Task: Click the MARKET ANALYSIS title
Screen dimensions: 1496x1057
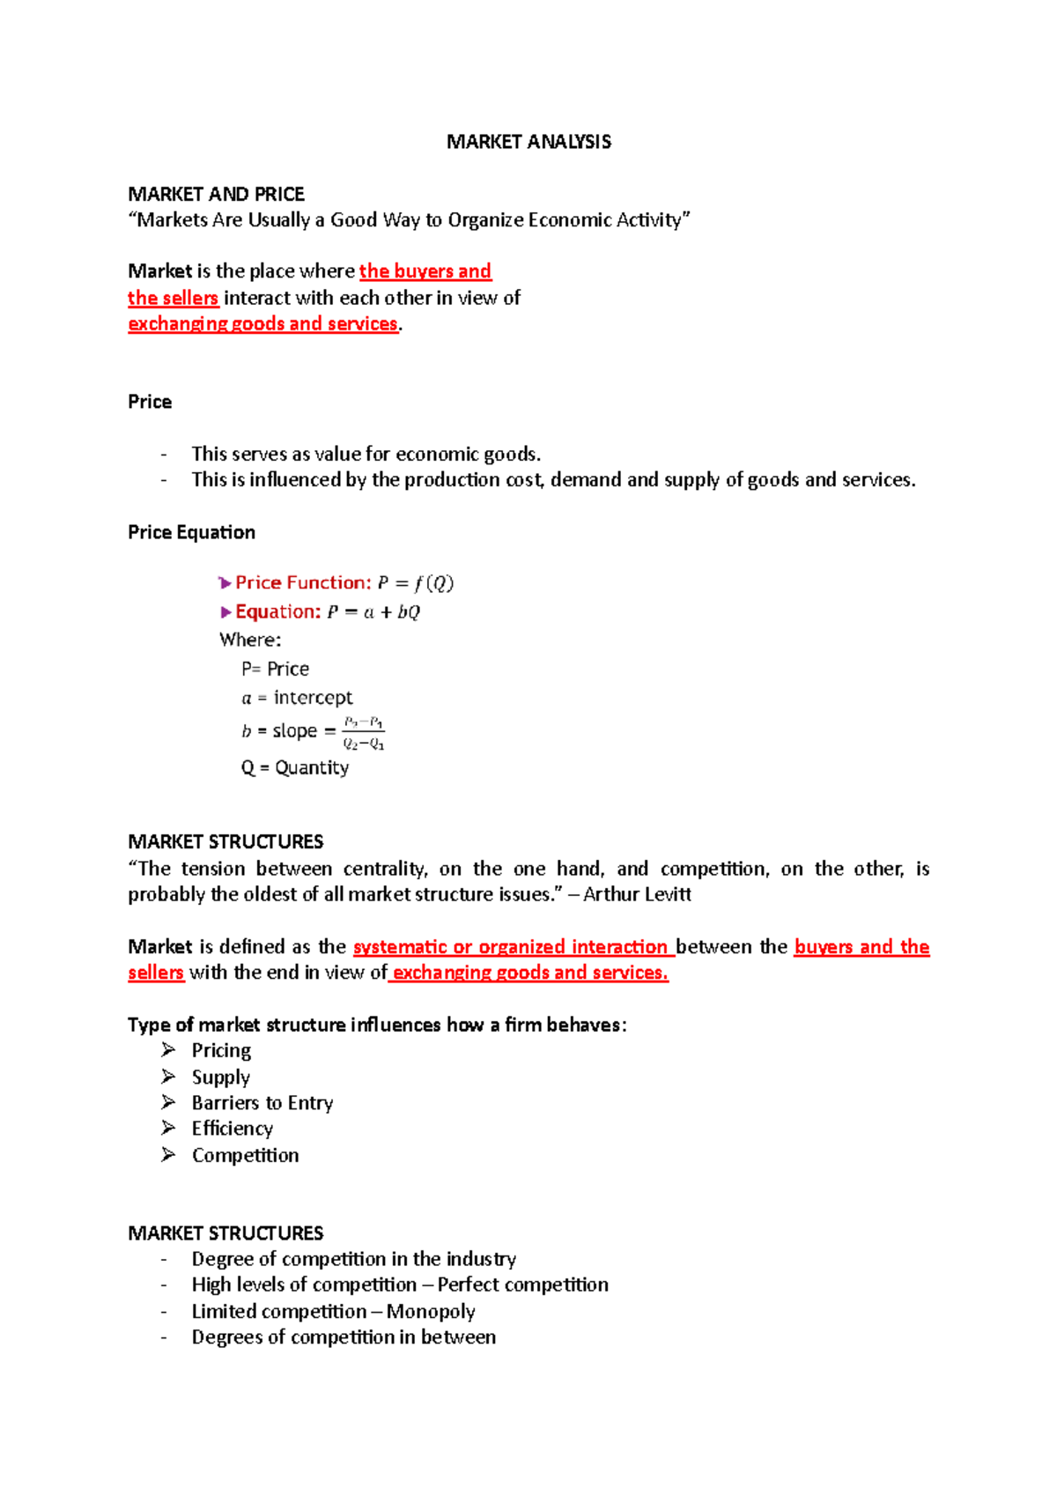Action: coord(528,142)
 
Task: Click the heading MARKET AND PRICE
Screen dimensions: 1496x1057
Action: coord(216,194)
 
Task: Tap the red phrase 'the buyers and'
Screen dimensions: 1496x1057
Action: coord(425,271)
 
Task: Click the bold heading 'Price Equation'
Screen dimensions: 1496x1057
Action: coord(191,532)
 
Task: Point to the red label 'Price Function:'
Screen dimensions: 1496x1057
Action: coord(303,582)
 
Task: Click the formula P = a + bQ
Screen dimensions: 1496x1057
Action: coord(373,611)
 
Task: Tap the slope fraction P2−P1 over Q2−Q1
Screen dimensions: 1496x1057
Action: coord(363,733)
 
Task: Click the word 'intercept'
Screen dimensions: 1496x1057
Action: coord(313,698)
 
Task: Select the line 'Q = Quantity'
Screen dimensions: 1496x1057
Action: coord(294,767)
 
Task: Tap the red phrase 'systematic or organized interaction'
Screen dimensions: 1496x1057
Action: coord(512,947)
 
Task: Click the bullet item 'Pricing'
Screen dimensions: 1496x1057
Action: coord(221,1050)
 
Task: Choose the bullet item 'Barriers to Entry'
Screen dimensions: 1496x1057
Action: coord(262,1103)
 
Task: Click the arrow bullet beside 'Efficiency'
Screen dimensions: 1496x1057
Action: coord(168,1128)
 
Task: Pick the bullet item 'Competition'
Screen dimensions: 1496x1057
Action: coord(245,1155)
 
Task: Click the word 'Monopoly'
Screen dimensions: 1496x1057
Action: coord(431,1311)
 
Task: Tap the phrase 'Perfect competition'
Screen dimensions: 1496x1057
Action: coord(522,1285)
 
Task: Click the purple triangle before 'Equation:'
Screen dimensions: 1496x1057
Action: coord(226,611)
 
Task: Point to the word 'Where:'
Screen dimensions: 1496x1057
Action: coord(250,640)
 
